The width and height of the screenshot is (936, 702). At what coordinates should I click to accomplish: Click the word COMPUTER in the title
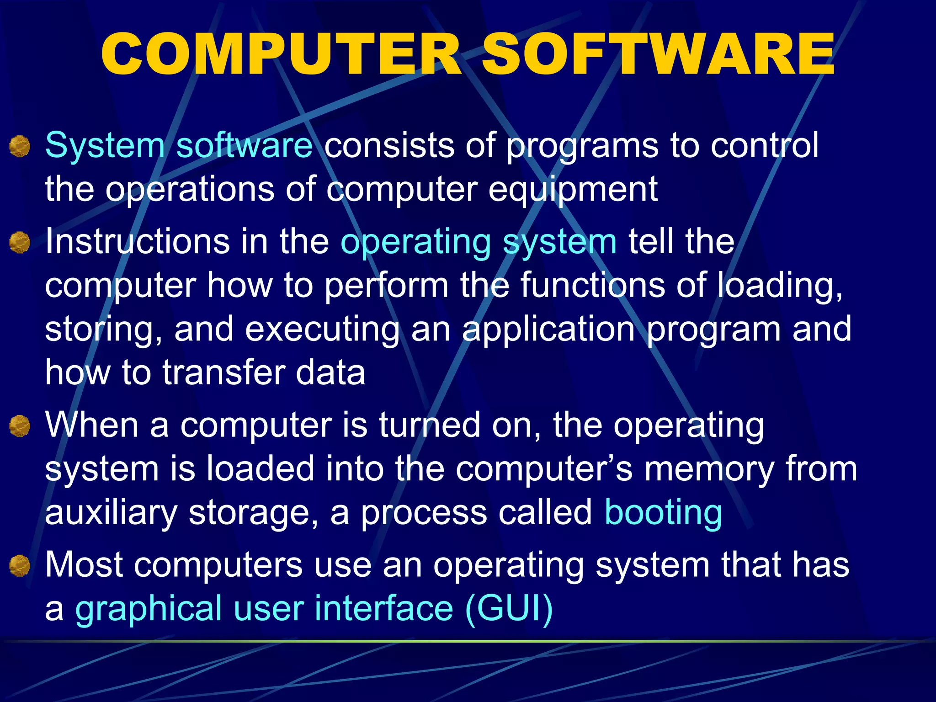(281, 55)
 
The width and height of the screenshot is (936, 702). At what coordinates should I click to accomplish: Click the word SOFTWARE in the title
(658, 55)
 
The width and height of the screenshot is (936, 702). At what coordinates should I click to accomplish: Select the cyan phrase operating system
(479, 242)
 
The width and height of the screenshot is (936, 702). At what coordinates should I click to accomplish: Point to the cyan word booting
(663, 513)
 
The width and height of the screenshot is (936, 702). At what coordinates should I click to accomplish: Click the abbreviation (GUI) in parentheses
(509, 609)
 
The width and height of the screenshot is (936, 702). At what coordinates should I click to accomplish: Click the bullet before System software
(20, 147)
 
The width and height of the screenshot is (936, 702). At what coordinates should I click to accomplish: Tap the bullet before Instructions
(20, 242)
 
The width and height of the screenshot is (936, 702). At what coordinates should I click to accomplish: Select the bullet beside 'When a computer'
(20, 426)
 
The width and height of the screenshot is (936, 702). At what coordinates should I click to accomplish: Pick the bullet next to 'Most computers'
(20, 565)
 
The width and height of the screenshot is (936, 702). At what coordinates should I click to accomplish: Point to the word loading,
(779, 286)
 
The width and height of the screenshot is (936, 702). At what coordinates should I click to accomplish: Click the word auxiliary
(111, 513)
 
